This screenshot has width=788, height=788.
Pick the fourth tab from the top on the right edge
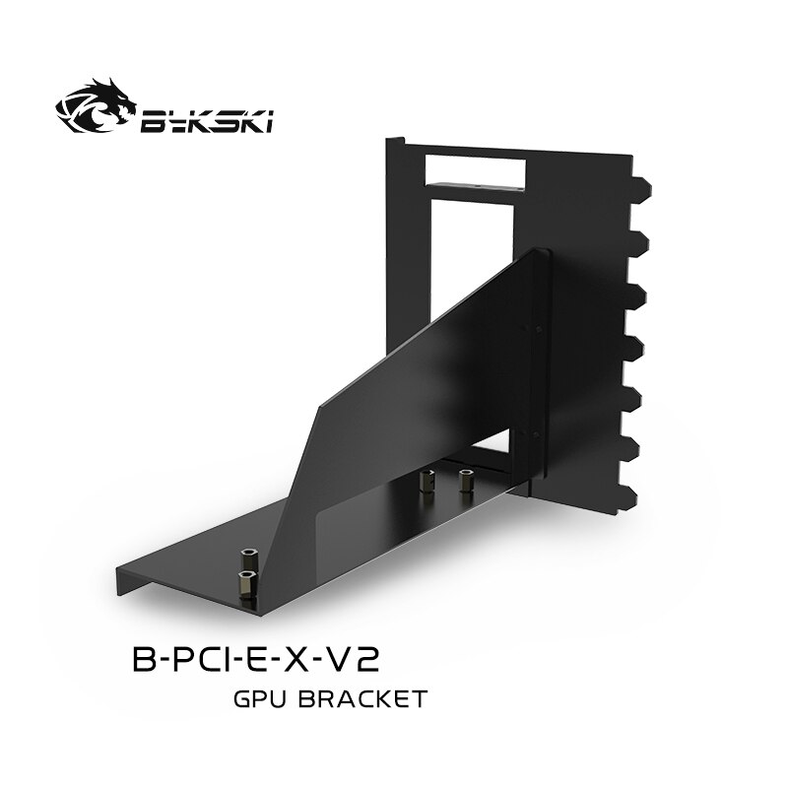[x=638, y=346]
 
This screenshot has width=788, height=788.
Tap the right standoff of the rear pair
[x=465, y=480]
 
